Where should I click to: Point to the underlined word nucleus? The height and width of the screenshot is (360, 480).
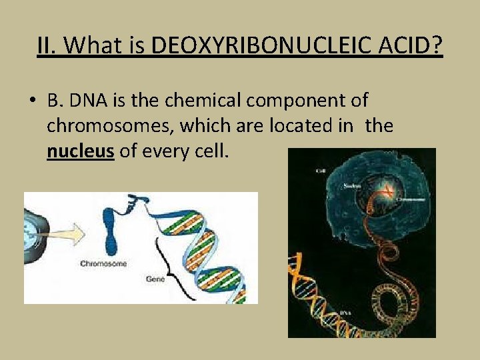81,151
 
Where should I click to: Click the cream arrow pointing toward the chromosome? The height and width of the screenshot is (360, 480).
63,234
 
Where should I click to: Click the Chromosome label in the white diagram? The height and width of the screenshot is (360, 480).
104,263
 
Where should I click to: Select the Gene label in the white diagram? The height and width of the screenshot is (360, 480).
155,279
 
